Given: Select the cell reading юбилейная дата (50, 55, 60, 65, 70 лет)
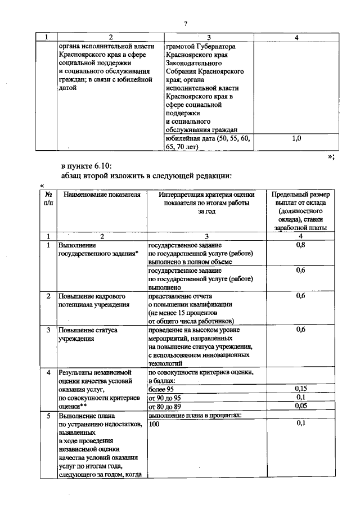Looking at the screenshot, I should [x=207, y=143].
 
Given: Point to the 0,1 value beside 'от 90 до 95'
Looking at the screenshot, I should [x=300, y=397].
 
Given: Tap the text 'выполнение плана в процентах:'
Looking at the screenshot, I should [x=194, y=415].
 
